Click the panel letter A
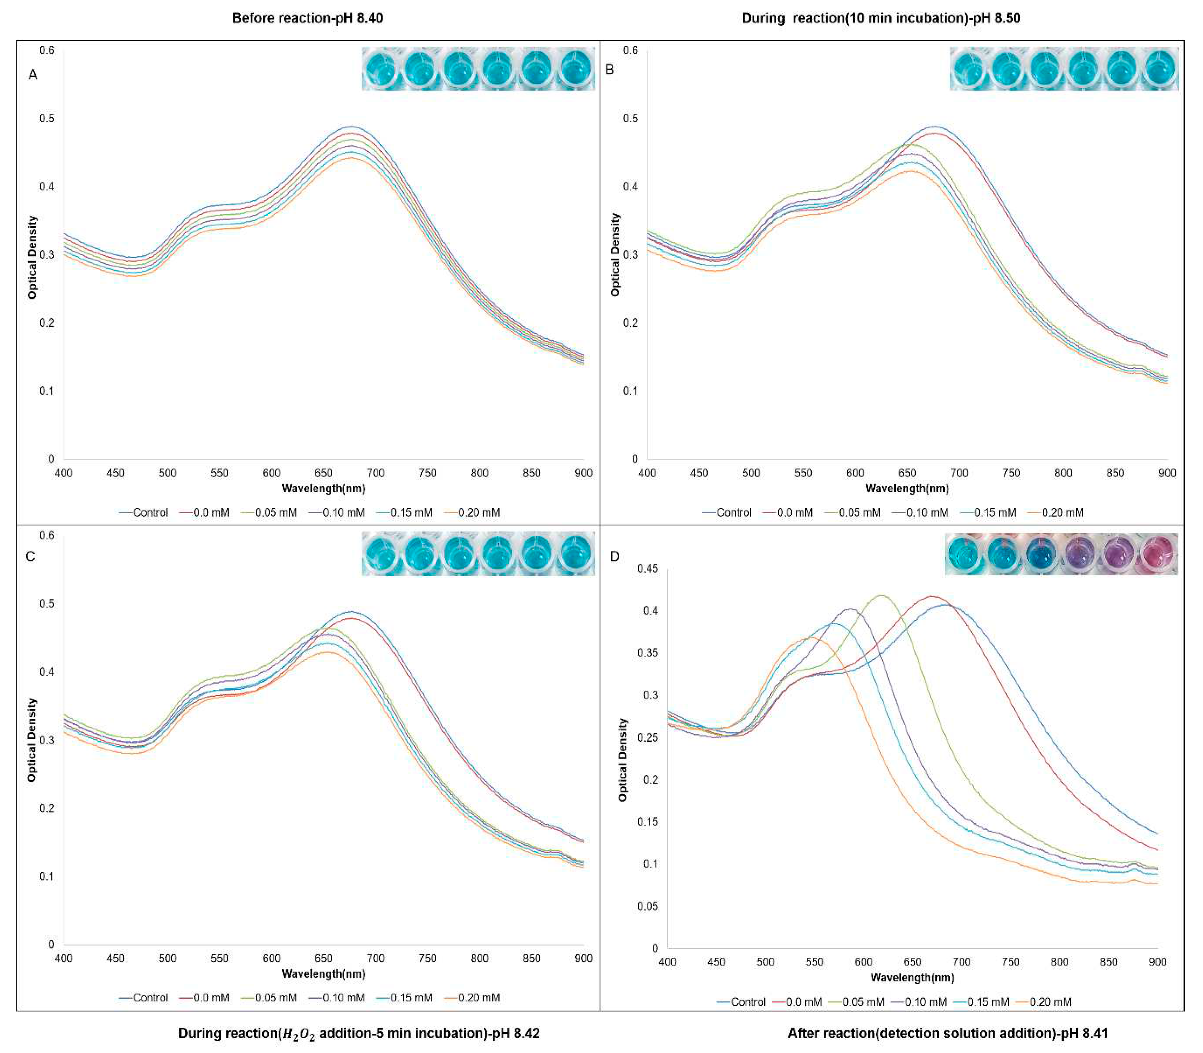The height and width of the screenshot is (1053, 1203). click(33, 75)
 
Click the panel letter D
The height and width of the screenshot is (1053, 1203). click(614, 556)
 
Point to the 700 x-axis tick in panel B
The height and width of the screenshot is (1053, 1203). click(959, 473)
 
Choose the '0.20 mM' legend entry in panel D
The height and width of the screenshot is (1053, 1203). click(1049, 1002)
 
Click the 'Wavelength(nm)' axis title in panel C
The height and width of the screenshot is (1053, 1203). click(323, 974)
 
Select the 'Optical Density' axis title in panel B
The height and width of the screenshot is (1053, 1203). click(615, 255)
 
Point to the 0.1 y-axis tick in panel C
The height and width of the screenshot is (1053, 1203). click(47, 876)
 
